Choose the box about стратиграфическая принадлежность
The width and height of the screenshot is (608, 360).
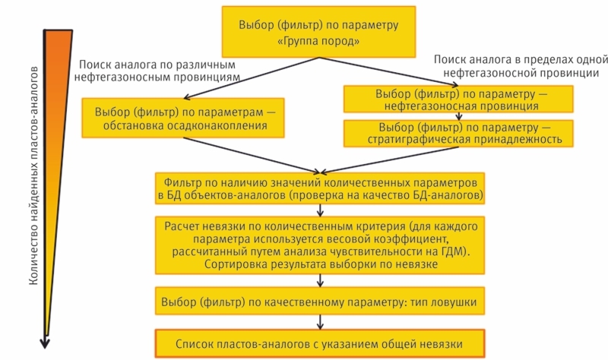(464, 134)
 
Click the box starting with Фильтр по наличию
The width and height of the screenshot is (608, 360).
(318, 189)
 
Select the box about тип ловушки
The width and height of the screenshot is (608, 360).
(318, 302)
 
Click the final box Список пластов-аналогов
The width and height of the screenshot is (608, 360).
(318, 343)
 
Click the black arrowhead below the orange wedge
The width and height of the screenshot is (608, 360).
(46, 342)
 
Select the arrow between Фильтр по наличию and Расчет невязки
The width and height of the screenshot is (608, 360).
(319, 211)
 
